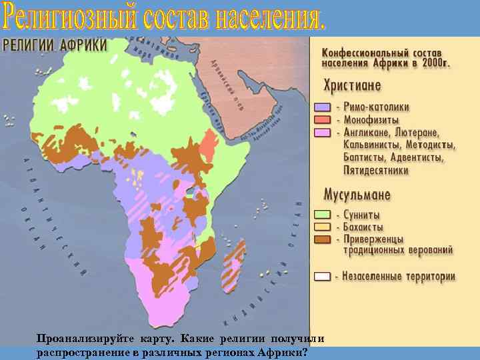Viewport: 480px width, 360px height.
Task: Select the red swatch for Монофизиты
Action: pos(322,119)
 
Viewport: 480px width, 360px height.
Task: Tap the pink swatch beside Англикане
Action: pos(322,132)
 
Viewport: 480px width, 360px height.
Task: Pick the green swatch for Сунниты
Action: pos(322,215)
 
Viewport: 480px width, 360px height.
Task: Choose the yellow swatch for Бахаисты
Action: pos(322,227)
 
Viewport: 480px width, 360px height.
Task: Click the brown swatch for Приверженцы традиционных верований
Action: pos(322,239)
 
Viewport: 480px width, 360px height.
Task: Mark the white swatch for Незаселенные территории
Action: pos(322,276)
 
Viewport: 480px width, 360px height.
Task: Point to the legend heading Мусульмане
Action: pos(357,195)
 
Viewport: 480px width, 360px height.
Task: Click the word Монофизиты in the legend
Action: pos(376,119)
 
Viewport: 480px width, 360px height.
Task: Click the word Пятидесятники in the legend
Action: pos(376,170)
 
